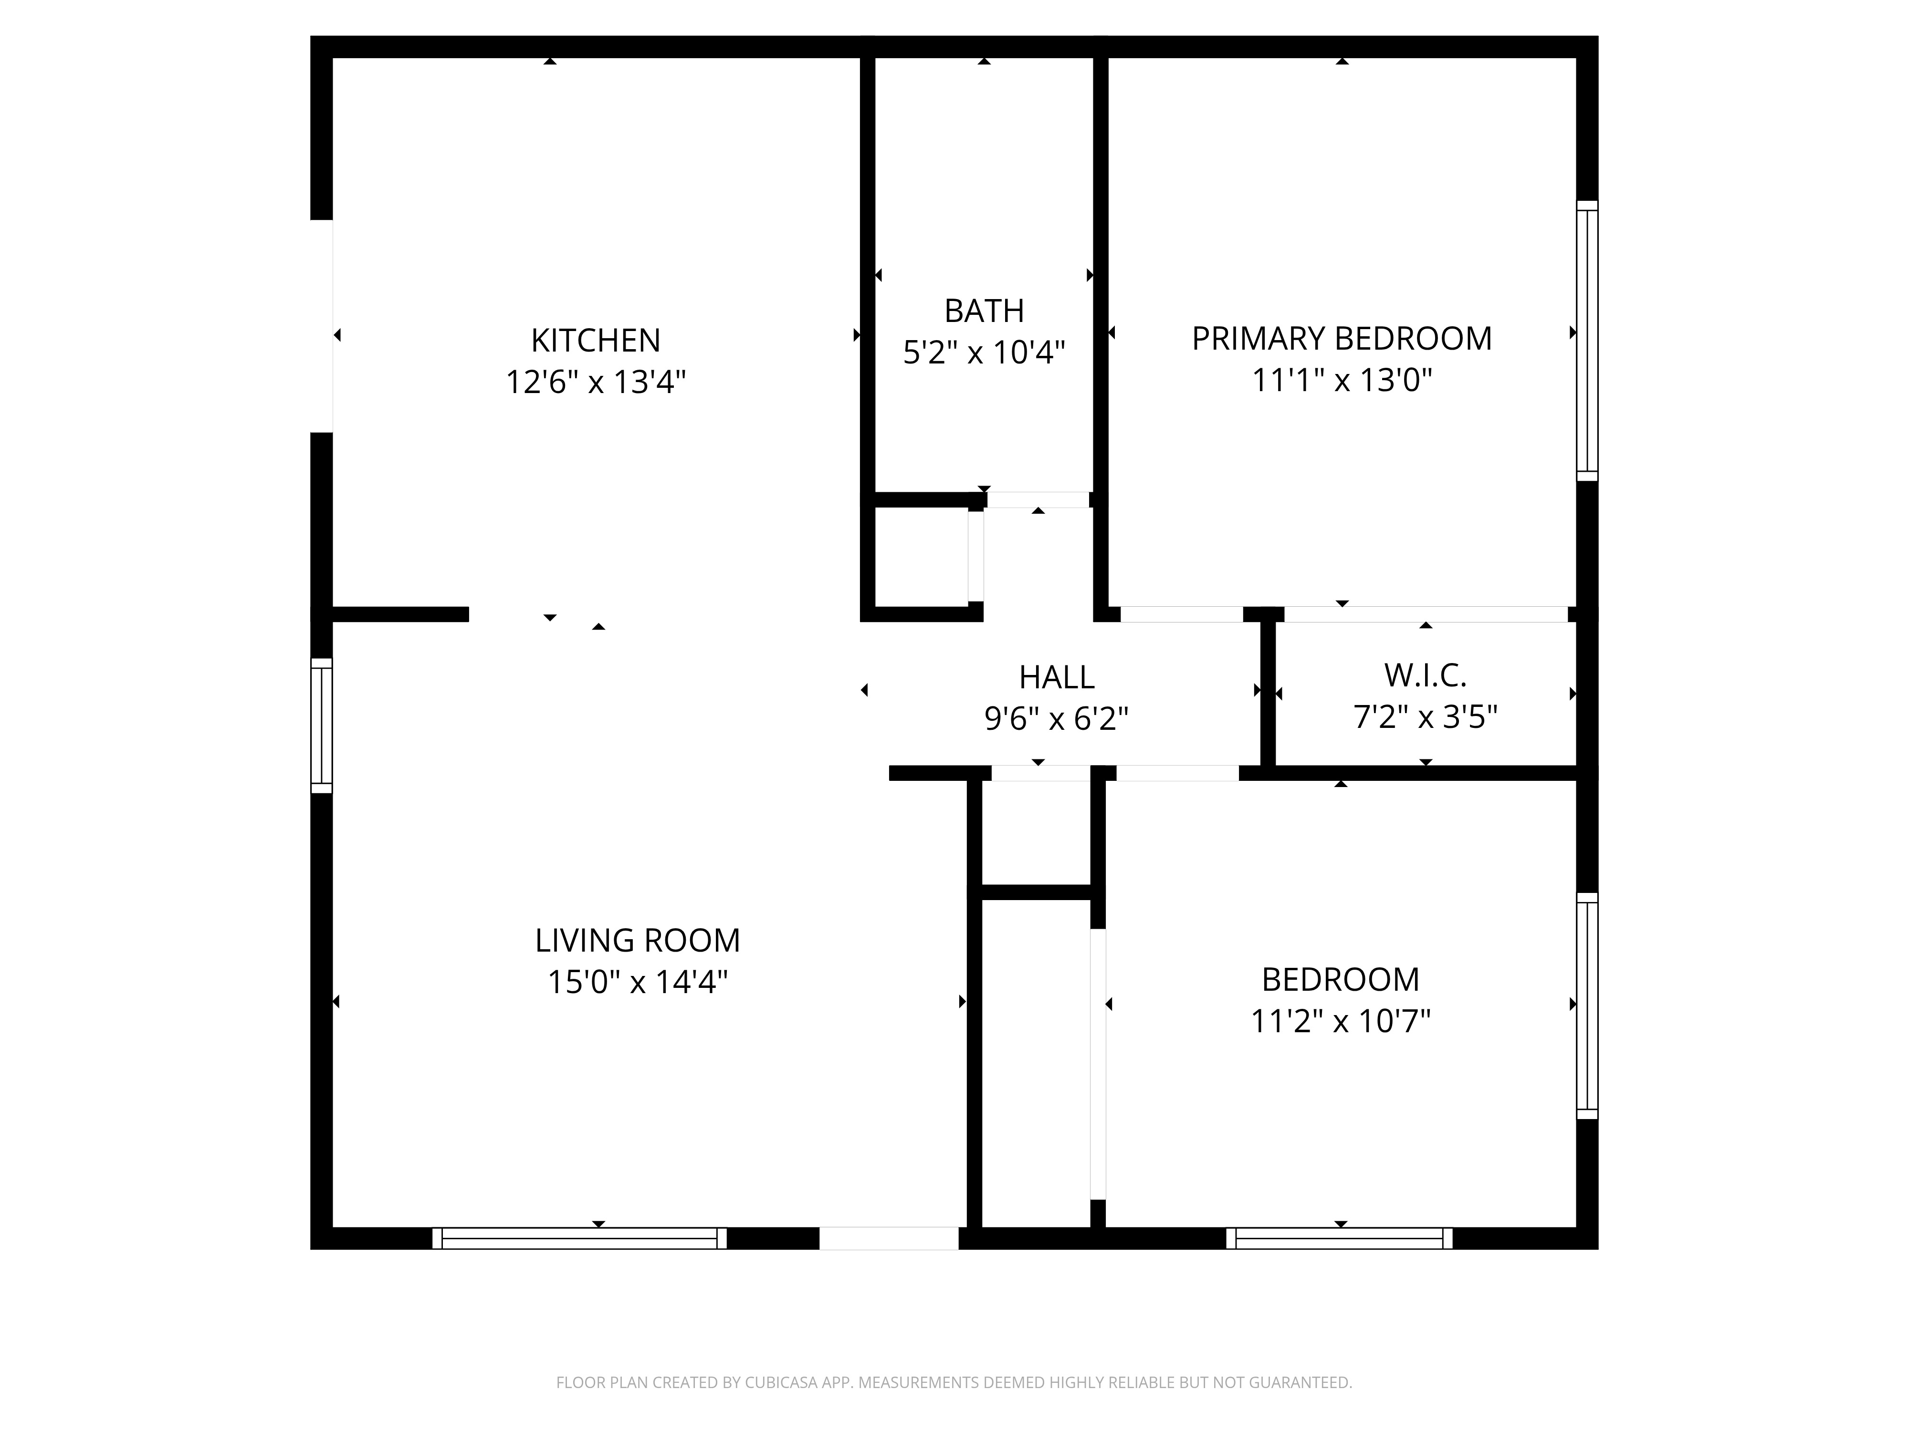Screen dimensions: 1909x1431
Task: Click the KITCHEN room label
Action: click(596, 341)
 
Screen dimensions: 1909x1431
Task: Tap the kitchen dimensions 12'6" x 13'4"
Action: click(596, 381)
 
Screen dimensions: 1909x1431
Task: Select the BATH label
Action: click(984, 311)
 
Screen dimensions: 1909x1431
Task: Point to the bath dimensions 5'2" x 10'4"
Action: click(984, 352)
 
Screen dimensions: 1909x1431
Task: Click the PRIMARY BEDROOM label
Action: click(1342, 339)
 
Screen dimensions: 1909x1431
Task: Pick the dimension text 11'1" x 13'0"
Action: click(1342, 380)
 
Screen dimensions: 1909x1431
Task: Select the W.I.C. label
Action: click(1426, 675)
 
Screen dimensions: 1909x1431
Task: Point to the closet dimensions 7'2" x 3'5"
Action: click(1426, 716)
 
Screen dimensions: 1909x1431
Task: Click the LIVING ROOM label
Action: click(638, 940)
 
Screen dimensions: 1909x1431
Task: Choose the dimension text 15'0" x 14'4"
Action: click(638, 982)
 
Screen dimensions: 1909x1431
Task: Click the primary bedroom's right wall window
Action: click(1587, 341)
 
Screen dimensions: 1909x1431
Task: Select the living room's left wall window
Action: click(321, 726)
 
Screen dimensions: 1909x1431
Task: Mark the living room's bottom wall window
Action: click(579, 1238)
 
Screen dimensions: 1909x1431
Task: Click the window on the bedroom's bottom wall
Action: click(1339, 1238)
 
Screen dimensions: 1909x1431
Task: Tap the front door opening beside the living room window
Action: click(889, 1238)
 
